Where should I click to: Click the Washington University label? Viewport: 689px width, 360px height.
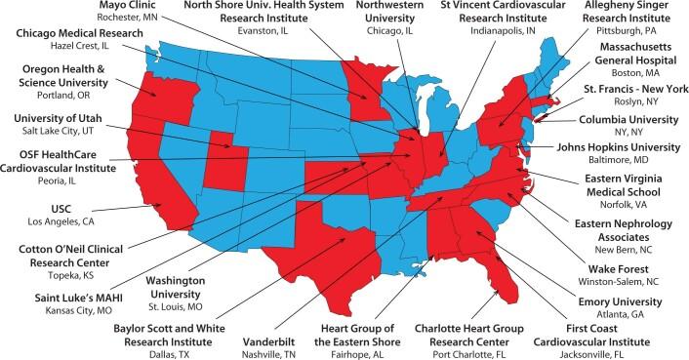coord(182,288)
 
